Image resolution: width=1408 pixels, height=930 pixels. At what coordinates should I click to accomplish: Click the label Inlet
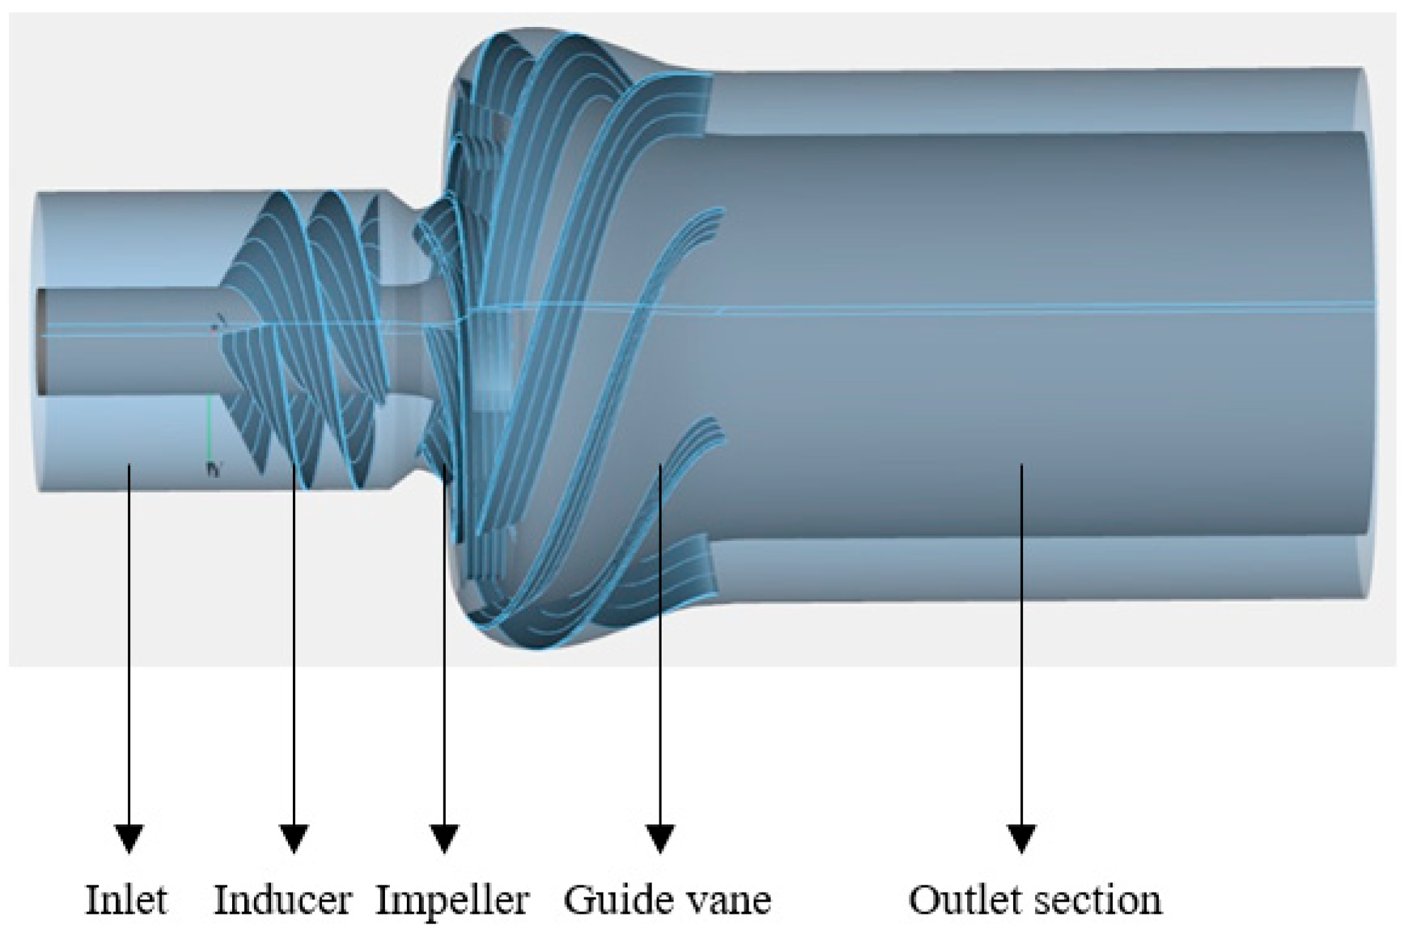click(127, 900)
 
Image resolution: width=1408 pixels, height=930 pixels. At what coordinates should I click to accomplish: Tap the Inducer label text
click(282, 900)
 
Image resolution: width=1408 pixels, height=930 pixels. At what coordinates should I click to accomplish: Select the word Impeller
click(451, 900)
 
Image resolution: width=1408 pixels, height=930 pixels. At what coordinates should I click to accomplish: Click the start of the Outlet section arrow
click(1021, 467)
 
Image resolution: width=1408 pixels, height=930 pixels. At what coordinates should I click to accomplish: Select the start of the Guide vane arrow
click(660, 467)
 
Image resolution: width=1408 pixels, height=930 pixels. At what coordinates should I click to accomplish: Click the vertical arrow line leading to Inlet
click(129, 637)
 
